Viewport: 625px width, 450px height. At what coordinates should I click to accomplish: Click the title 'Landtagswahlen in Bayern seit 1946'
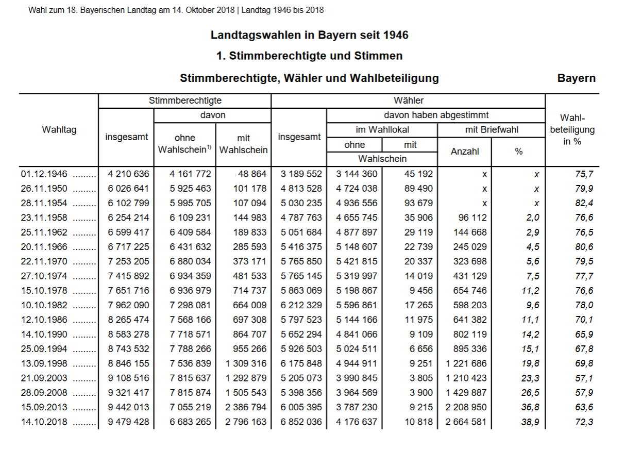309,35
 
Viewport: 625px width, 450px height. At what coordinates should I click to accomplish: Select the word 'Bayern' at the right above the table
576,78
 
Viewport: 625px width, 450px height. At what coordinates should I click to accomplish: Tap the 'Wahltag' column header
59,130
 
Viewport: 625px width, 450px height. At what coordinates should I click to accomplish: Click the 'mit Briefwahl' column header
491,130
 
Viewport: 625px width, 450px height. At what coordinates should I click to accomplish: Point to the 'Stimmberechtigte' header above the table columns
185,101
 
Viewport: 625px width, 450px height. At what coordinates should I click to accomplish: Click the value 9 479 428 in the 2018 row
128,422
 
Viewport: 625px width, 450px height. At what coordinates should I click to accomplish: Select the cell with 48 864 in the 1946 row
249,174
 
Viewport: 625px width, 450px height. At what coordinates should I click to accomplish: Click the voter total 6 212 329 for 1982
301,305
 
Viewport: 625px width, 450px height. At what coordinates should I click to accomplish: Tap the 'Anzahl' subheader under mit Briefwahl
465,152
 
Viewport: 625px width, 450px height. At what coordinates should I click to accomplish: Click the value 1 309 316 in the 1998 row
246,364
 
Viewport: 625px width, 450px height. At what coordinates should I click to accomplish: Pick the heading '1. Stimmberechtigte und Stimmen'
309,56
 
